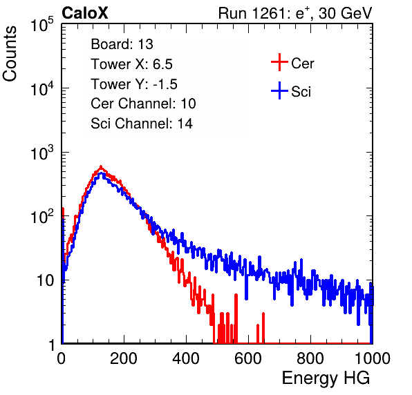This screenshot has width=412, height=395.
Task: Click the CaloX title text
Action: (x=85, y=13)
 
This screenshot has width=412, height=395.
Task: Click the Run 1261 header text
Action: (x=295, y=13)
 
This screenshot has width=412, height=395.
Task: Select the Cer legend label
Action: (x=302, y=64)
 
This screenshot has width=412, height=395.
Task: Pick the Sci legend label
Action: (x=301, y=92)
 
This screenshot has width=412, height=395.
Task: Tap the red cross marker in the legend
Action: (x=279, y=62)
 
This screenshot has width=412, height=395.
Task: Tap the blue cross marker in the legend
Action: (x=279, y=91)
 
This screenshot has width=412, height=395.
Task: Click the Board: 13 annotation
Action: (x=122, y=44)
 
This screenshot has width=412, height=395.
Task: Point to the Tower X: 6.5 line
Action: (x=131, y=64)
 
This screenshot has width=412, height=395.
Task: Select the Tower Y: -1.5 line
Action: (x=134, y=84)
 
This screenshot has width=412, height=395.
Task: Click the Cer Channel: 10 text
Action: (x=143, y=104)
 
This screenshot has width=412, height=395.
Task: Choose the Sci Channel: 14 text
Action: (x=142, y=124)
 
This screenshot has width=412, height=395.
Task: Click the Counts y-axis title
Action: (x=10, y=54)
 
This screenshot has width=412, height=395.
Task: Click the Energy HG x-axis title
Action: (x=326, y=378)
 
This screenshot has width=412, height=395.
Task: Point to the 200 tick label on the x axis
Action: (x=124, y=358)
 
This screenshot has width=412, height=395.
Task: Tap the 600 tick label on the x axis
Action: (x=248, y=358)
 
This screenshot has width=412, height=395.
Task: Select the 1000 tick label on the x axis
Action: (x=373, y=358)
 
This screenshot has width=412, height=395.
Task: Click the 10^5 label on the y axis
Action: (x=42, y=24)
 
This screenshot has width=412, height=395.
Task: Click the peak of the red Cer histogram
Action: (x=101, y=166)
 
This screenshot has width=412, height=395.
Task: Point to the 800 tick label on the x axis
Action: (x=310, y=358)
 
